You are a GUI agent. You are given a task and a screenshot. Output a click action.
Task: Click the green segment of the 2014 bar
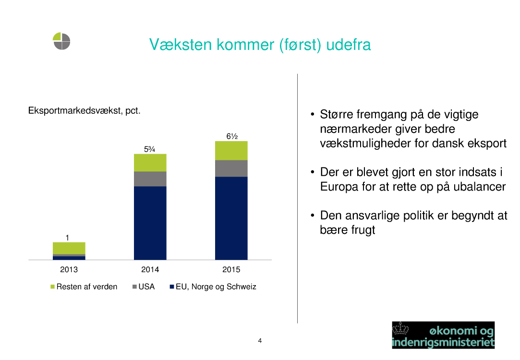150,162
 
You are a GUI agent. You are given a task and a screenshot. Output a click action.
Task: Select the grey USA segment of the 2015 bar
231,168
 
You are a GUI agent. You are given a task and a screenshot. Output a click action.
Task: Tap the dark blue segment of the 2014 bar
150,223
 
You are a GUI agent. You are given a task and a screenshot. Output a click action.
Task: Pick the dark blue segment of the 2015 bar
231,218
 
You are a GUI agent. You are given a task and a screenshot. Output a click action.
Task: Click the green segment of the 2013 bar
69,248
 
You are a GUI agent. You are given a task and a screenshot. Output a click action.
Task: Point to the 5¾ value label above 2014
150,149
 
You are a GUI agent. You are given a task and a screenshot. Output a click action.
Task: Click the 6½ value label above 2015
232,136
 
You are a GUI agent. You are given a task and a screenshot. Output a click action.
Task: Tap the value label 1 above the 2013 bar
67,238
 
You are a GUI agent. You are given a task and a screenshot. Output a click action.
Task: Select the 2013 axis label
69,269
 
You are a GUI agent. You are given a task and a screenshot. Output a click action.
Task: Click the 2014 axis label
150,269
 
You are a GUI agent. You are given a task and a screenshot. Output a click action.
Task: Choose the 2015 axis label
231,269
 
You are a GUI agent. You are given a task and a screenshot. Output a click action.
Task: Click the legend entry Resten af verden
84,287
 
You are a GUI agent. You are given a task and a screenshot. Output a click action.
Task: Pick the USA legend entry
144,287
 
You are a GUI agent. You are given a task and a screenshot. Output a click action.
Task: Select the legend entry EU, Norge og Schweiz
213,287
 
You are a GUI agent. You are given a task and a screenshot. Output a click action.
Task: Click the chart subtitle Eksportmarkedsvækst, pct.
84,110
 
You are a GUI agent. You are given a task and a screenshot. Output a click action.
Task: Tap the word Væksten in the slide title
181,45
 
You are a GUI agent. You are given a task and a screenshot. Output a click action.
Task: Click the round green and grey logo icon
61,41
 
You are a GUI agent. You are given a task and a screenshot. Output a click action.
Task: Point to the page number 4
260,340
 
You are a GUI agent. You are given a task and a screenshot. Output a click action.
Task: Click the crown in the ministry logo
400,329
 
